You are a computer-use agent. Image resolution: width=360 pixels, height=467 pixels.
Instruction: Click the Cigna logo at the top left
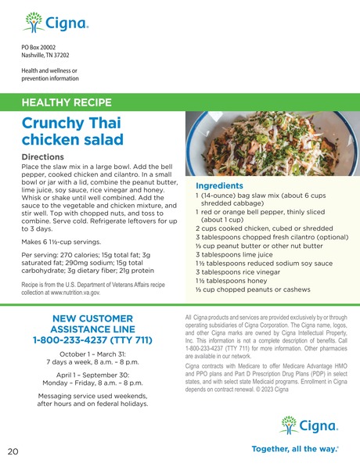click(x=55, y=22)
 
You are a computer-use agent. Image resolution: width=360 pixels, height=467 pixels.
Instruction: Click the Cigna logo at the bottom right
click(x=308, y=426)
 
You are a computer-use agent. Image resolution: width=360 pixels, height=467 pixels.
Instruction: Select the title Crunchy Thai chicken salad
click(x=72, y=131)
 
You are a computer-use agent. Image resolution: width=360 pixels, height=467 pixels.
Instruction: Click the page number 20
click(x=13, y=451)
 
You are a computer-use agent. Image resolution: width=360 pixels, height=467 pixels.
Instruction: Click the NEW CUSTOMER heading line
click(x=92, y=318)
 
